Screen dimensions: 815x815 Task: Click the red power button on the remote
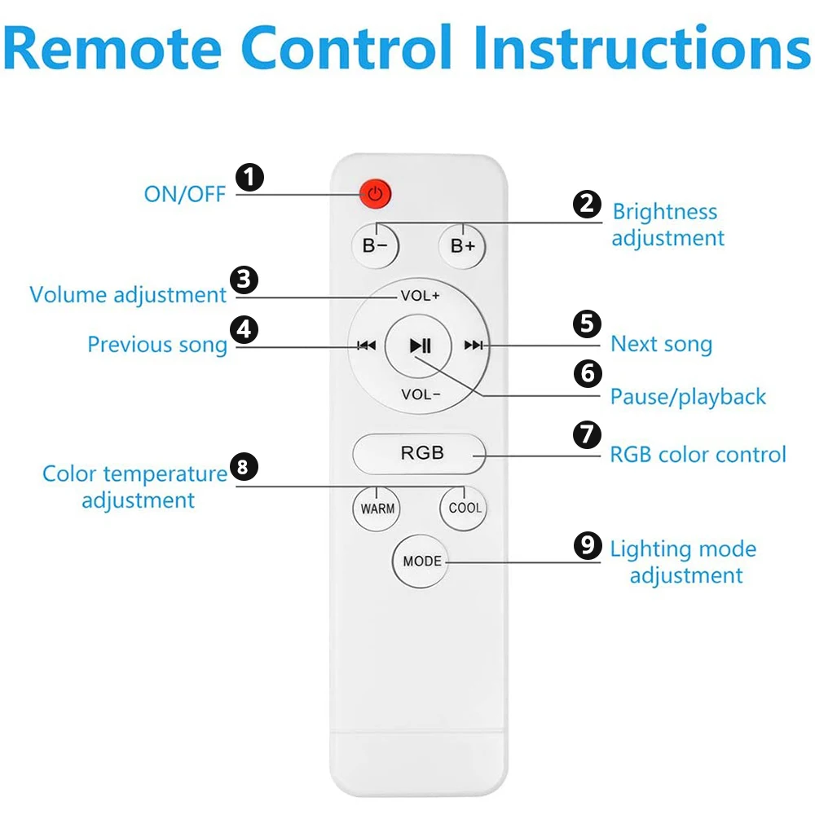tap(375, 194)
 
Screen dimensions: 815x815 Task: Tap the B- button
tap(375, 245)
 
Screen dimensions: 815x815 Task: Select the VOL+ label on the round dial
tap(420, 296)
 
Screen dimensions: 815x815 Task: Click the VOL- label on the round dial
tap(420, 395)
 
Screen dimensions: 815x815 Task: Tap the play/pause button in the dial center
tap(420, 346)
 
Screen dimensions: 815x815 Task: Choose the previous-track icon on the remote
tap(367, 346)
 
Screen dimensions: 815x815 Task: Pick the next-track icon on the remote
tap(473, 346)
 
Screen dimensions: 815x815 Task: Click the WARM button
tap(377, 509)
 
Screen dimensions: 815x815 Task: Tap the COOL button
tap(465, 508)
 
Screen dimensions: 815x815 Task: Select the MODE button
tap(421, 562)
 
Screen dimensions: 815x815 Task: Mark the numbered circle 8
tap(244, 466)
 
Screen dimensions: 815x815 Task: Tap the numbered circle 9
tap(587, 545)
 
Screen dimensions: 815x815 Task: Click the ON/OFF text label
tap(185, 194)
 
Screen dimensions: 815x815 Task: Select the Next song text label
tap(661, 344)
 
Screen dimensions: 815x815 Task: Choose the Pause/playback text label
tap(688, 397)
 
